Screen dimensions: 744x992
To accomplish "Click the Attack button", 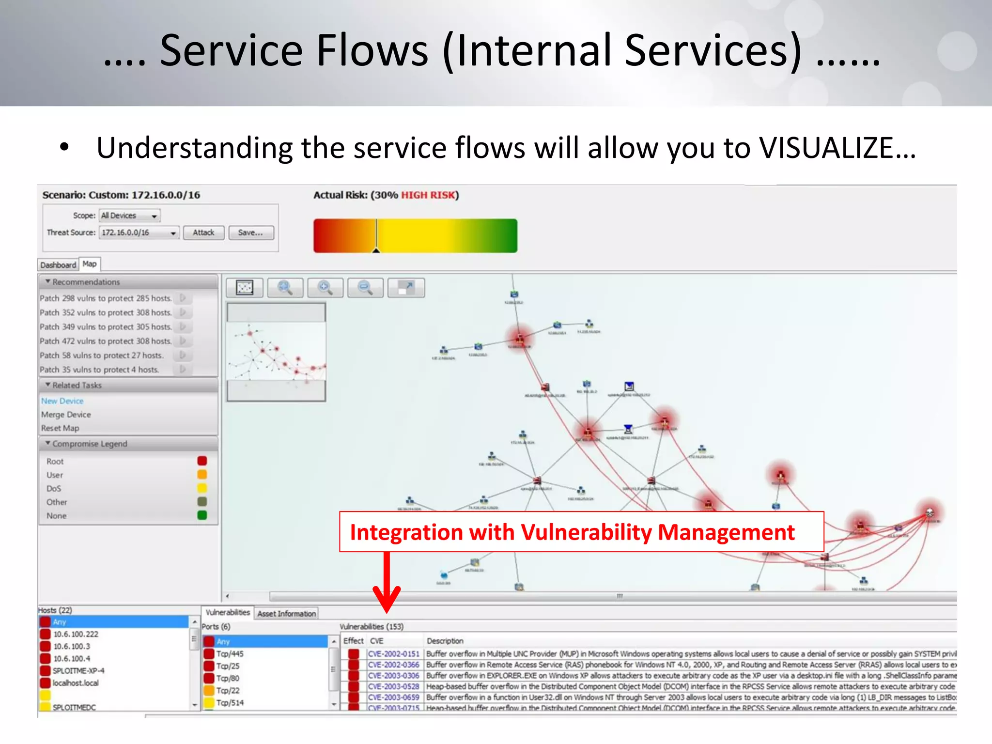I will [203, 232].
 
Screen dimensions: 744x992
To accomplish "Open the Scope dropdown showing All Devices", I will [129, 216].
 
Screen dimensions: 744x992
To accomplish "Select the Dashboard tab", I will [58, 265].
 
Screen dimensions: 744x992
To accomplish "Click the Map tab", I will [90, 264].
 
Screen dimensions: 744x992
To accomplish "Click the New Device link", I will [62, 401].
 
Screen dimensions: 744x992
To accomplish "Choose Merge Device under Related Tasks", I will [66, 415].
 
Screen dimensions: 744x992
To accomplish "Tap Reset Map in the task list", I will [60, 428].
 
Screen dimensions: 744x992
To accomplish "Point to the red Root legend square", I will [202, 461].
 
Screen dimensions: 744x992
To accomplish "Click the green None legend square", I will [202, 515].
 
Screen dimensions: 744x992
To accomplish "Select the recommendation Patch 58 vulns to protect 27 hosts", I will [101, 355].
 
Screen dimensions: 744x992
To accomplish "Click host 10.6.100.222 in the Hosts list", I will [76, 634].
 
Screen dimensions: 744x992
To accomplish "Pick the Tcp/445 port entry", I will [230, 654].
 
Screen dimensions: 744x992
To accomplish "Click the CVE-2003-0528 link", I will [393, 686].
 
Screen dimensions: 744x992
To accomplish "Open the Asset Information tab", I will [286, 614].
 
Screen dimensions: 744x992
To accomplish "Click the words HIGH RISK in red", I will [428, 195].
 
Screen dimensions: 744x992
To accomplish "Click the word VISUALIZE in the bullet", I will [826, 148].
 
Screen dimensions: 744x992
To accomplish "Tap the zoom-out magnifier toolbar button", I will [365, 288].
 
